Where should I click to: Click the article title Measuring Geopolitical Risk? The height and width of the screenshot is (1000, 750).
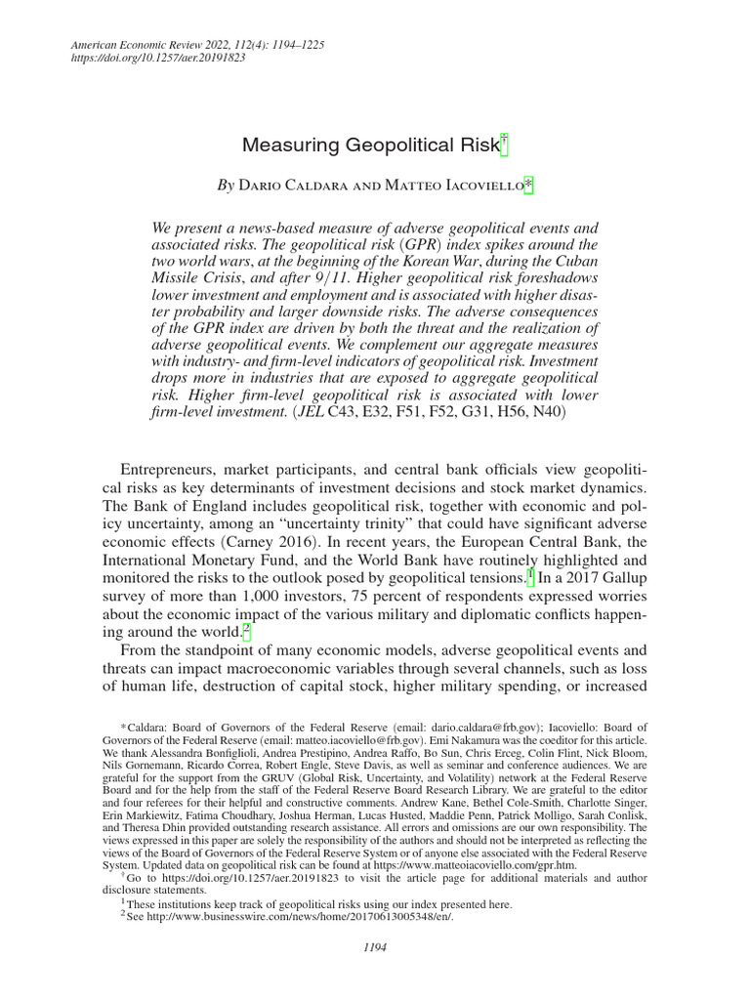[369, 146]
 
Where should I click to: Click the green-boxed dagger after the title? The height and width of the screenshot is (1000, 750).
[505, 145]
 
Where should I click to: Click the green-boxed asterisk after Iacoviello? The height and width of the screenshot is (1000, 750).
[529, 185]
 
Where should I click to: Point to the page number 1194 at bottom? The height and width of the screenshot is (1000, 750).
[375, 946]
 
